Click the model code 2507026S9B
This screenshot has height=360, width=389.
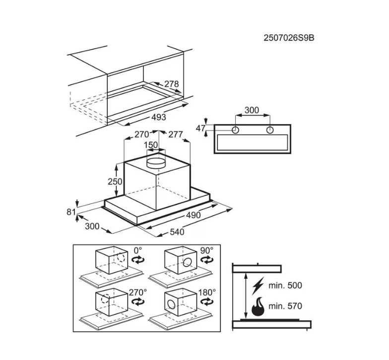click(x=289, y=38)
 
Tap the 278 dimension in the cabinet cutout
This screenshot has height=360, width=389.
click(x=172, y=84)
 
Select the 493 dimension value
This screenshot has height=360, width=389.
click(x=159, y=117)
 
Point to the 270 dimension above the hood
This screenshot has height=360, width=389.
click(x=142, y=134)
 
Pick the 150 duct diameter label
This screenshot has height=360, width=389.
click(x=151, y=145)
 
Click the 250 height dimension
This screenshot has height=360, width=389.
click(x=115, y=182)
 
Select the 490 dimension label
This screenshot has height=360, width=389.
click(x=194, y=215)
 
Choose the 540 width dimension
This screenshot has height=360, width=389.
click(x=177, y=232)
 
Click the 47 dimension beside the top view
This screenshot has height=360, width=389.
click(x=200, y=128)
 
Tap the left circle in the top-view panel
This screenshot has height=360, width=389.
click(x=235, y=130)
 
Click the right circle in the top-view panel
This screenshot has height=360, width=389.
click(x=270, y=130)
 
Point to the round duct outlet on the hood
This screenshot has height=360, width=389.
click(x=156, y=162)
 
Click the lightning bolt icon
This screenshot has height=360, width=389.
click(x=258, y=286)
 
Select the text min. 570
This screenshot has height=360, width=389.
click(x=285, y=306)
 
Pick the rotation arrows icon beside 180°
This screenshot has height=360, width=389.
click(x=206, y=302)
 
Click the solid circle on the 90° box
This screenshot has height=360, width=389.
click(x=187, y=262)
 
